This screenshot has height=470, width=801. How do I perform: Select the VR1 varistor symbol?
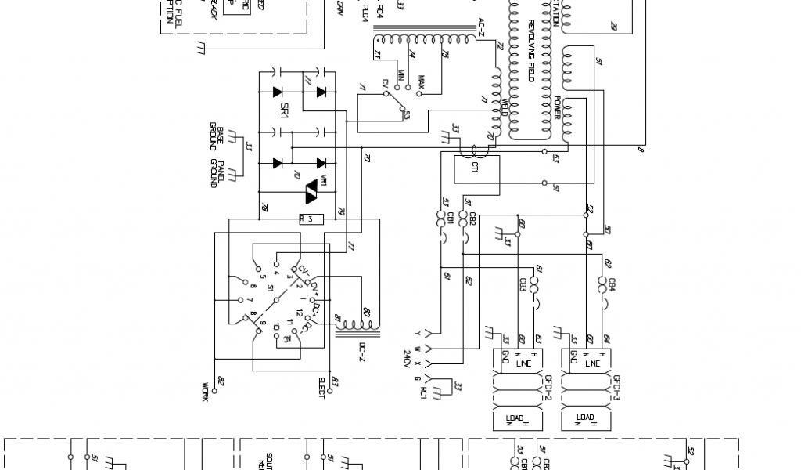coord(313,189)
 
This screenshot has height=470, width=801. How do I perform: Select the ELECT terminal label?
coord(321,387)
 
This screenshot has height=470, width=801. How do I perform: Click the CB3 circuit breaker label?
coord(522,284)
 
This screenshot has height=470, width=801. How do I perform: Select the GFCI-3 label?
coord(616,385)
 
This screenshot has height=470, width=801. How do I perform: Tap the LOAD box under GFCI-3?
coord(584,421)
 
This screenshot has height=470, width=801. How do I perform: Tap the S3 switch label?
coord(407,116)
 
